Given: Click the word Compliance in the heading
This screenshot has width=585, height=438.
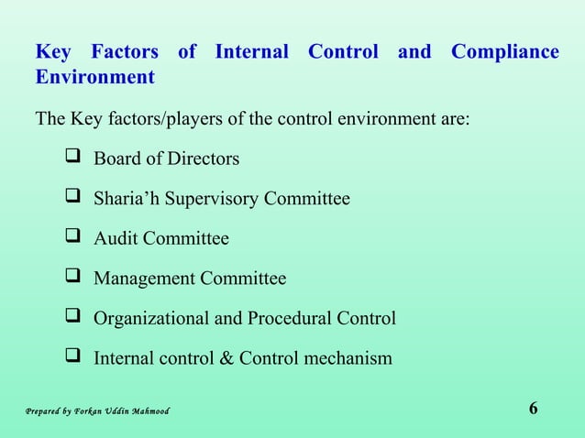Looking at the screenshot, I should click(x=504, y=52).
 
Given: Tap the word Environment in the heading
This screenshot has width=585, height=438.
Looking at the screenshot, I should click(x=94, y=77).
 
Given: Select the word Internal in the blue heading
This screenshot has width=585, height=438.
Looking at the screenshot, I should click(x=251, y=52).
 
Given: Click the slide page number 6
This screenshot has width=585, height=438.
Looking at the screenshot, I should click(x=534, y=409).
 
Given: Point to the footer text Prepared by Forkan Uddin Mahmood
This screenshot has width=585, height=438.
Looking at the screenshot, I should click(x=97, y=411).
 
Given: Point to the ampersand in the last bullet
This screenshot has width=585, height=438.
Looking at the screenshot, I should click(x=226, y=358).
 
